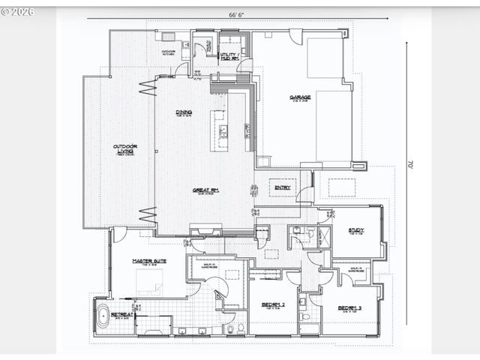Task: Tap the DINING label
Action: pos(184,112)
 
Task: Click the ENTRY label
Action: pos(283,187)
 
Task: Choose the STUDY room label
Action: pos(355,231)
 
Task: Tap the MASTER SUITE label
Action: pos(149,261)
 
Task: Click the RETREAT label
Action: pos(122,314)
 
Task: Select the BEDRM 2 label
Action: pos(272,305)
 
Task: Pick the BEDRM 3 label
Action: pos(349,307)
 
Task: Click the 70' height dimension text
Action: pos(410,163)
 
